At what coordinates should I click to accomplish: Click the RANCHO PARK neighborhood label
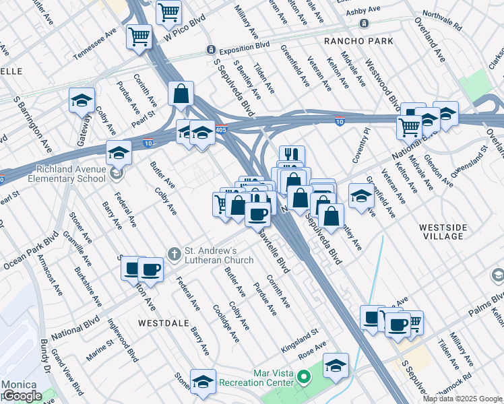pos(358,41)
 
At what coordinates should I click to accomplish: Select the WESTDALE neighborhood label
pos(162,323)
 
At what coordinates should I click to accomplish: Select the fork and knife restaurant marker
pos(292,156)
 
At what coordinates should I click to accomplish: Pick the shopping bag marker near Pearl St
pos(181,94)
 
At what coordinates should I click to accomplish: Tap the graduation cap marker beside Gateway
pos(82,101)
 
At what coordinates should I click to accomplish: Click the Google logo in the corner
pos(22,396)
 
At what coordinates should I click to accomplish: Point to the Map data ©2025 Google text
pos(462,399)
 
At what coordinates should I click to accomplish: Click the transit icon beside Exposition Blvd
pos(211,50)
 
